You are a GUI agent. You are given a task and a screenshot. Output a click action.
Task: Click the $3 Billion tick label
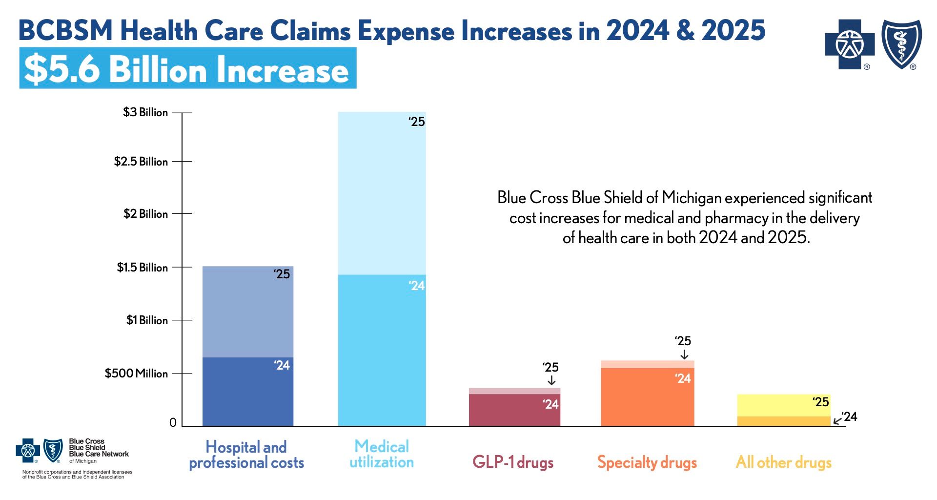145,112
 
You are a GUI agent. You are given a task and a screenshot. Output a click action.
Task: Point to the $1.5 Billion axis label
142,268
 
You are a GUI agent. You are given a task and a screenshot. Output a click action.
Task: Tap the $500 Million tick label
136,374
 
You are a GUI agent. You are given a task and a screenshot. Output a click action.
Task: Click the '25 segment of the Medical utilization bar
382,193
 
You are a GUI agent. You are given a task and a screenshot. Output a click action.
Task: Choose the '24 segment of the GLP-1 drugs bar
514,410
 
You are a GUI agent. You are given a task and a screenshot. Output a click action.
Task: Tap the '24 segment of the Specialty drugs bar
647,396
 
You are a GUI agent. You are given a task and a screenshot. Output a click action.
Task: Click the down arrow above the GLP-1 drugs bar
551,380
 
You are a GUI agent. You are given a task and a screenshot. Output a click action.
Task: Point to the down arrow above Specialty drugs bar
684,354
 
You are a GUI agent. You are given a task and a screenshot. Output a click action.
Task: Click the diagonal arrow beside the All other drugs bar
837,420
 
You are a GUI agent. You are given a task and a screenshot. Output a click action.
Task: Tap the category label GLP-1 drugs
513,462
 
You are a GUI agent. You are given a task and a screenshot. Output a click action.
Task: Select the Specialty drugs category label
647,462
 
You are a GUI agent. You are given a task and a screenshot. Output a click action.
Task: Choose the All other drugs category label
783,462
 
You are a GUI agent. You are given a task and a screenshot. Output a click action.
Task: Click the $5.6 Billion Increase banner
187,68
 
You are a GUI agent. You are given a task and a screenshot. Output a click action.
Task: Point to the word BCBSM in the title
65,30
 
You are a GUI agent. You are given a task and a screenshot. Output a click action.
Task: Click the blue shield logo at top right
901,44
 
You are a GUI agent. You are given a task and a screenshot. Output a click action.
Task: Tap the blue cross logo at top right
850,44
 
